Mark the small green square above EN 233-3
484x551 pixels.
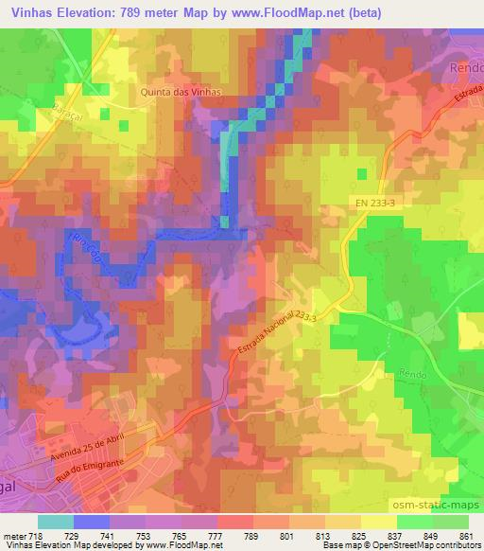pos(362,173)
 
